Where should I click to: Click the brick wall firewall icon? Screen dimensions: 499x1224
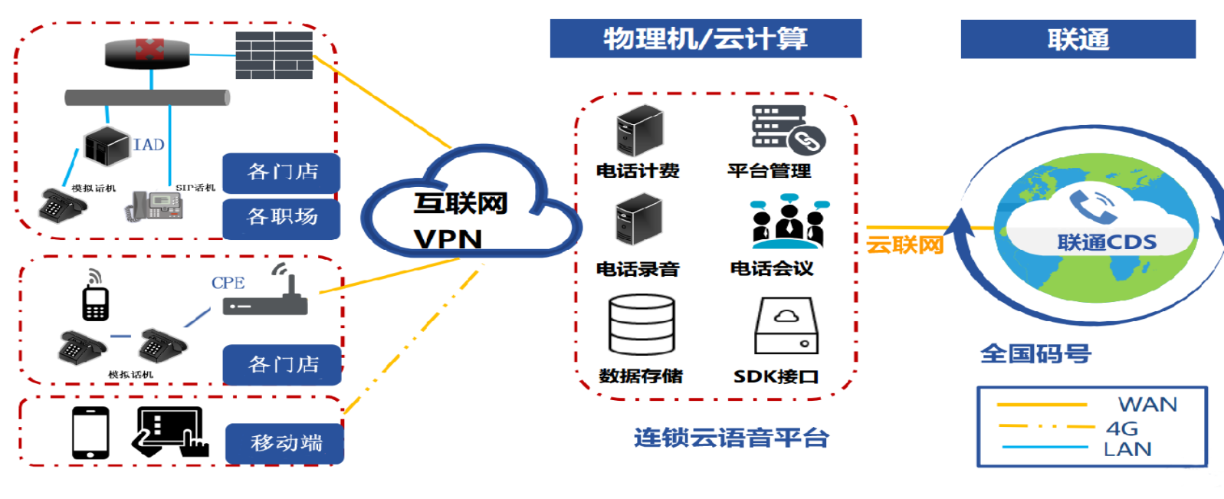point(274,55)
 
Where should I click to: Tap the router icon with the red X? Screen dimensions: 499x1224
point(148,53)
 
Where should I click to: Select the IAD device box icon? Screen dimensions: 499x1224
point(107,146)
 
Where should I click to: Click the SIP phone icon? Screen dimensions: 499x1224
point(156,205)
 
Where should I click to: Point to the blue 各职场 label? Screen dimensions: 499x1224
point(281,218)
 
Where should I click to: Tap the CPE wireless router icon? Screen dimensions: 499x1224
point(266,295)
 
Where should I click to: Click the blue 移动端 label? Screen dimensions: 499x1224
point(285,443)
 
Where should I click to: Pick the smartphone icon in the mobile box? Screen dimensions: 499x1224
point(90,433)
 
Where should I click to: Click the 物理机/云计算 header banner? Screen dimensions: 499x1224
point(705,38)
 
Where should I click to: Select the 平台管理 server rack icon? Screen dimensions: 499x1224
point(786,129)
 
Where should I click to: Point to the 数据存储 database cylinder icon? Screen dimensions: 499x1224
point(642,325)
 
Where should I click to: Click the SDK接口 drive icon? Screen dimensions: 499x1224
point(786,326)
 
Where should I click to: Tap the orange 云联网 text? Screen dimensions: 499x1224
point(904,245)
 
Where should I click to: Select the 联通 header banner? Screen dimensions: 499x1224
point(1078,39)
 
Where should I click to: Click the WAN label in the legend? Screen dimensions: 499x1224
point(1147,405)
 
